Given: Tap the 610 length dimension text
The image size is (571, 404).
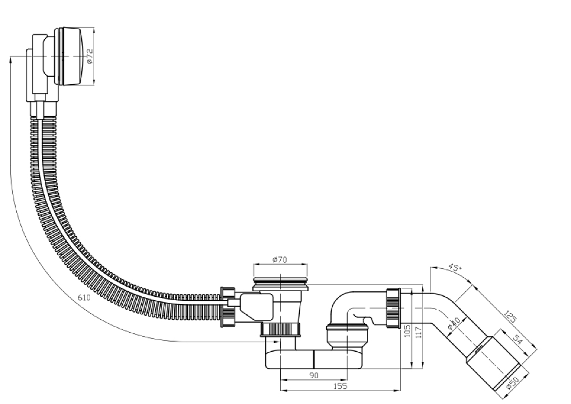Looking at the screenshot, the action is pos(83,297).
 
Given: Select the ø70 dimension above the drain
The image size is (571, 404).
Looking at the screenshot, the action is pos(280,260).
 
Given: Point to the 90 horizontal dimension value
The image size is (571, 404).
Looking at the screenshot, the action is pos(314,375).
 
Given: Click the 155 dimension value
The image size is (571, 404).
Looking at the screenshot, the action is pos(341,386).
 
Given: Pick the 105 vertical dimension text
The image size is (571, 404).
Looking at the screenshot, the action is pos(407,330).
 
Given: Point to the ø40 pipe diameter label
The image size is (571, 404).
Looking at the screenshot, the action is pos(454,323).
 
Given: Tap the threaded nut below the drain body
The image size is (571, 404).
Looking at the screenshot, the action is pos(280,329).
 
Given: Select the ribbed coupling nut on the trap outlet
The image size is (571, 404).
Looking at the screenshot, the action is pos(393,308).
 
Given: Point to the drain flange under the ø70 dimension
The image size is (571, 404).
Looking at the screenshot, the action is pos(280,283).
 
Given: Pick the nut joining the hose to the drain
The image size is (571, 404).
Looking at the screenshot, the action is pos(228,307).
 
